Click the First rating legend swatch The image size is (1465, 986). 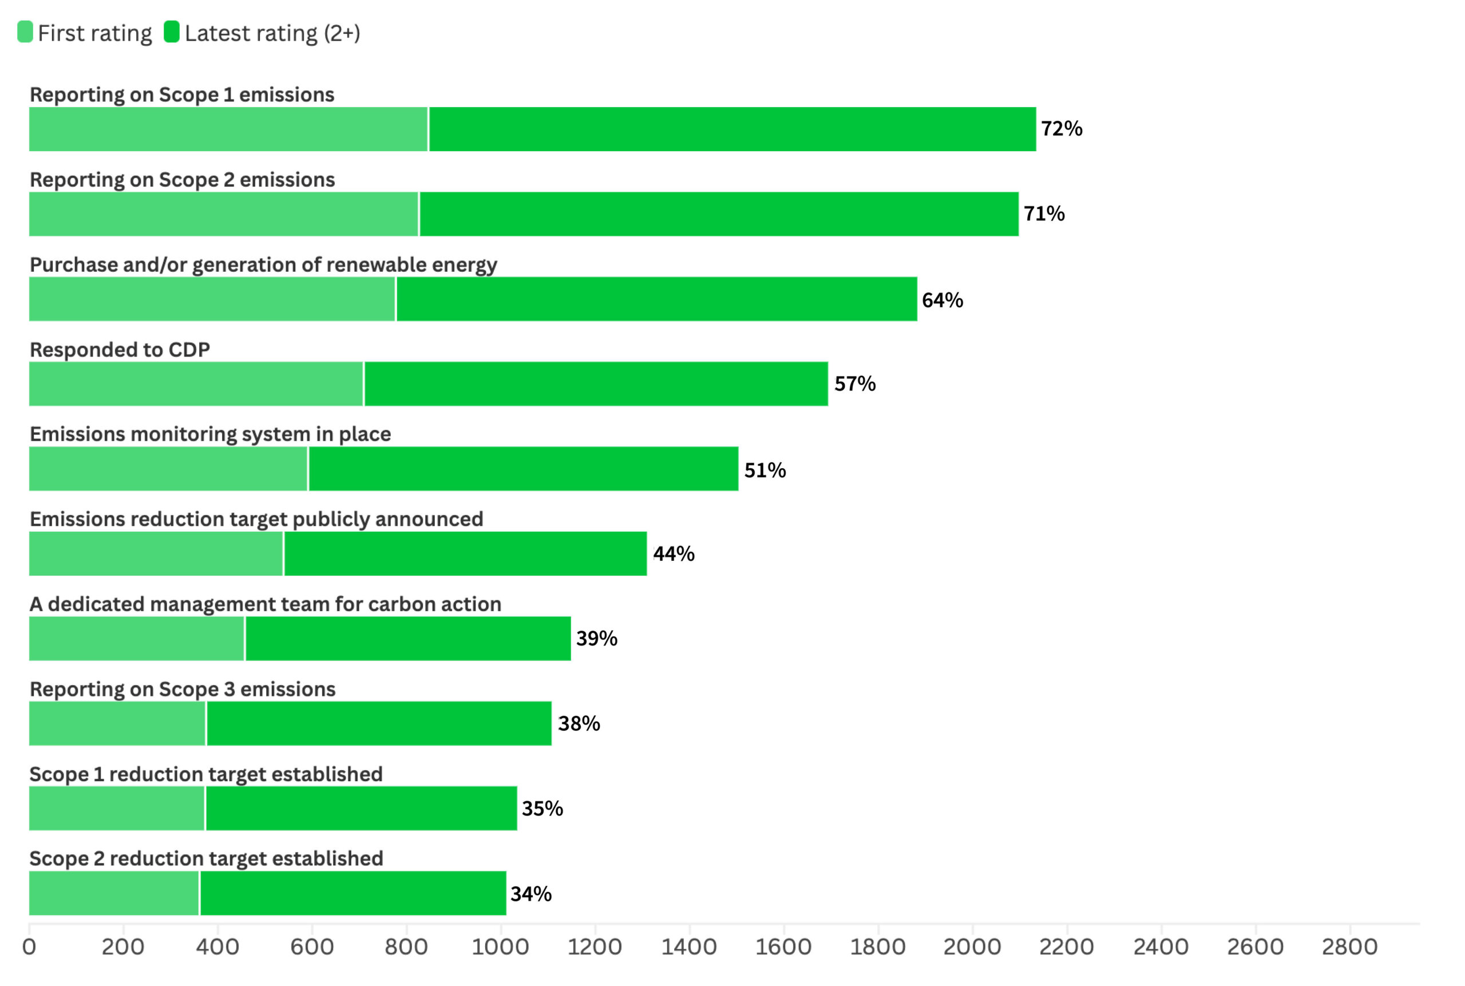(25, 31)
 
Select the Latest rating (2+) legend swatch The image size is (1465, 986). (171, 31)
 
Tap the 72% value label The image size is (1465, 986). (1061, 128)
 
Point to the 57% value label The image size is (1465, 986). (854, 383)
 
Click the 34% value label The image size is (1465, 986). (530, 893)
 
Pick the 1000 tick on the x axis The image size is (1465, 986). (501, 947)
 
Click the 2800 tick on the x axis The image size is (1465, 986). (1349, 947)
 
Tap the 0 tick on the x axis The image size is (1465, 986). (29, 947)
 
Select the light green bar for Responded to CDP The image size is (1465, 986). (196, 383)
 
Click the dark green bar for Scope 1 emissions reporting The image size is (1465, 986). (732, 129)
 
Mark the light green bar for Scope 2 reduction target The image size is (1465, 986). (114, 893)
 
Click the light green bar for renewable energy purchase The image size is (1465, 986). (212, 299)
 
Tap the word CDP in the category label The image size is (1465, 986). (189, 350)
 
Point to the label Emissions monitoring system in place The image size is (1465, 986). (210, 434)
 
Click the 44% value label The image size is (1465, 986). (674, 554)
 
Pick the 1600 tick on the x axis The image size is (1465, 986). (783, 947)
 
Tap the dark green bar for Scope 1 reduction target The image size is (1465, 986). (361, 808)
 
